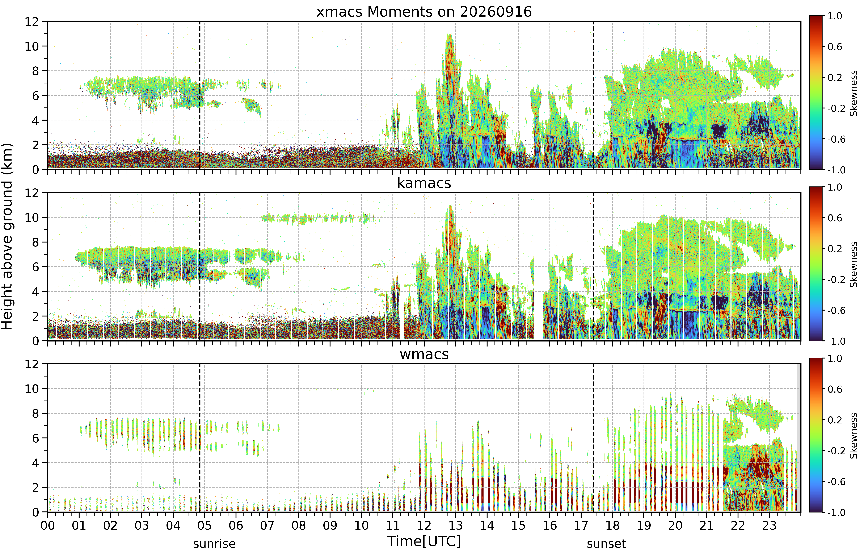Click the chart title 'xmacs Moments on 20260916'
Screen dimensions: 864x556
[424, 12]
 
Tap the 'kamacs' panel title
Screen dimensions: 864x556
[424, 183]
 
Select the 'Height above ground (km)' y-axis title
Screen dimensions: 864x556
[7, 236]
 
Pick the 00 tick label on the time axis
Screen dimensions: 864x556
[48, 525]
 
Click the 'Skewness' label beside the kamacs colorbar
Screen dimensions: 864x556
[854, 265]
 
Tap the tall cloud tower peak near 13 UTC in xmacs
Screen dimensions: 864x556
[449, 34]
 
